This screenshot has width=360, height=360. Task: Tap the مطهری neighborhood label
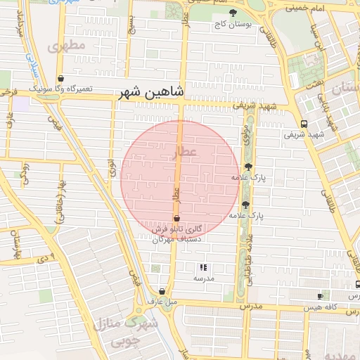click(67, 46)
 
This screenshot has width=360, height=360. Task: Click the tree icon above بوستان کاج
click(234, 13)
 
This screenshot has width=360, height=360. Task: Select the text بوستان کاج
click(233, 25)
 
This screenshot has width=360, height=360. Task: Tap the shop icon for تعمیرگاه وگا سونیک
click(61, 79)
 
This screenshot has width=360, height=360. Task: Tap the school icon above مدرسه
click(203, 267)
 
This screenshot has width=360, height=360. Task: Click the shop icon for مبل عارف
click(162, 291)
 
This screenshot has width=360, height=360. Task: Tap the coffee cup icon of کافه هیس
click(321, 296)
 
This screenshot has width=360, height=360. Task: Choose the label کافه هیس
click(319, 307)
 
